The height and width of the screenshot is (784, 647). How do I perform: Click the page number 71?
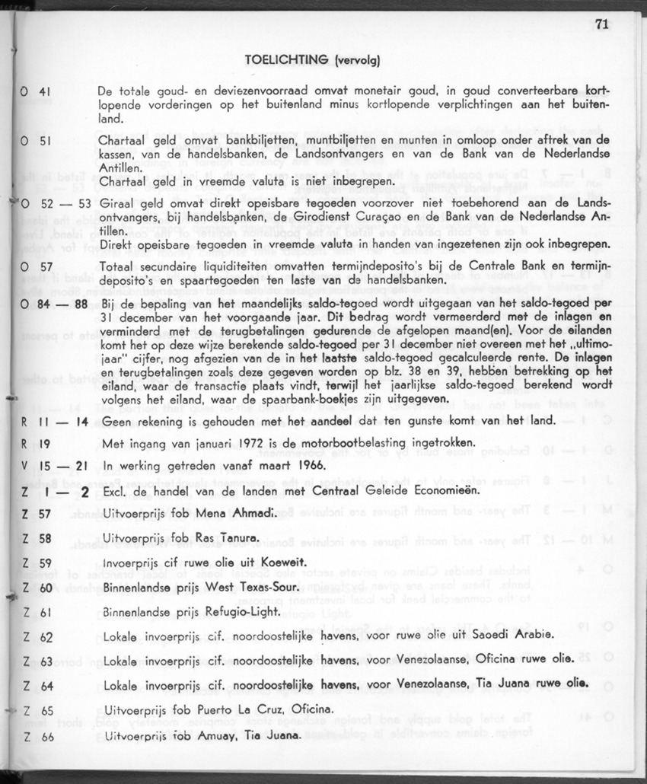click(601, 24)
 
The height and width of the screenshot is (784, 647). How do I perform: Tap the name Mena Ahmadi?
click(215, 514)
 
